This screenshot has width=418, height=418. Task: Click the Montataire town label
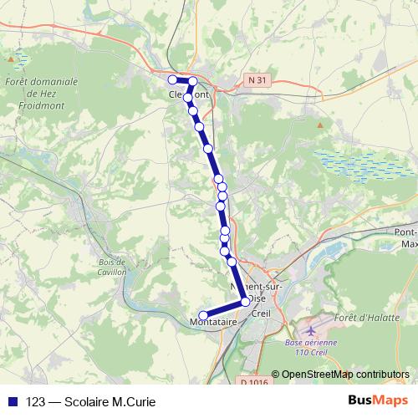coord(214,322)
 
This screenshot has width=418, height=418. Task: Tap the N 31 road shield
coord(257,80)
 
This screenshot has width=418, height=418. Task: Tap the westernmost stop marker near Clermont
coord(173,79)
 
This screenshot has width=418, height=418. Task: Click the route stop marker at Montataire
coord(203,316)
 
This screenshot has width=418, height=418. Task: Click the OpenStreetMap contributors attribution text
coord(345,375)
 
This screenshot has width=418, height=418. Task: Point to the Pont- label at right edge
coord(406,232)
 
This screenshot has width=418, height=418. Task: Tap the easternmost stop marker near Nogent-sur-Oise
coord(245,301)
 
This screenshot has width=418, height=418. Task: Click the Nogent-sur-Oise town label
coord(268,288)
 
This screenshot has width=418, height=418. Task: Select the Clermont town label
coord(189,94)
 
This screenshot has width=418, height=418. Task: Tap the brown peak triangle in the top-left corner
coord(11,60)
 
